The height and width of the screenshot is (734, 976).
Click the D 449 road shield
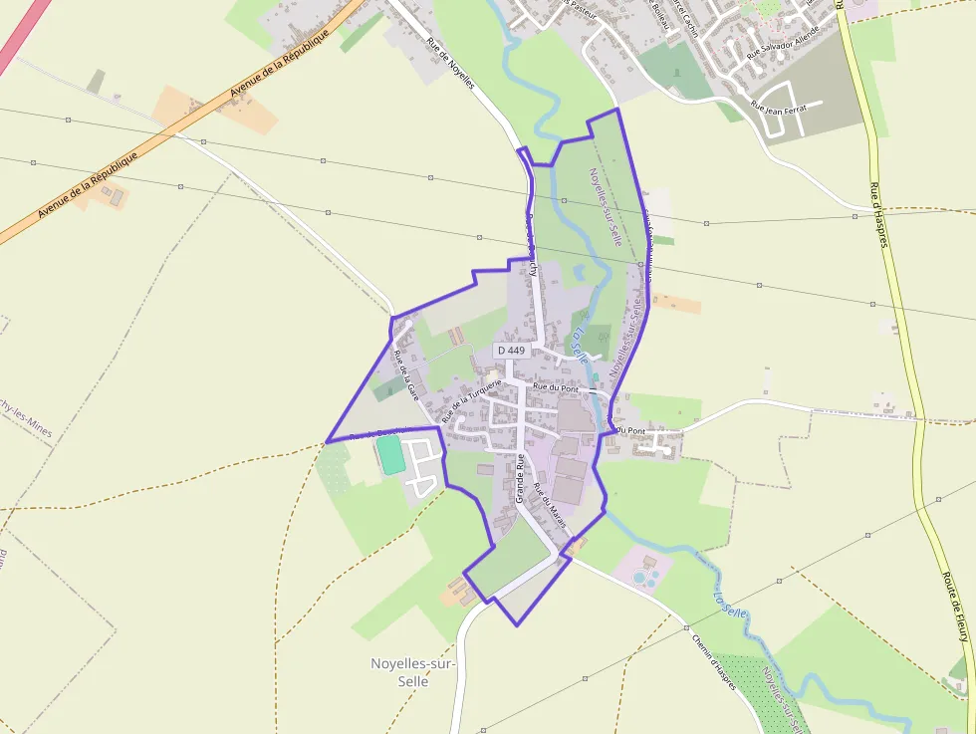[510, 351]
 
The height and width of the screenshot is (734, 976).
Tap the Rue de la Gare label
[404, 375]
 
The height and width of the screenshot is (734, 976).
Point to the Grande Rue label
[520, 478]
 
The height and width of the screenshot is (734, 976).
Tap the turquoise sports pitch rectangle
[389, 455]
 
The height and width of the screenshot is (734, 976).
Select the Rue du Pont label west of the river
[556, 386]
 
